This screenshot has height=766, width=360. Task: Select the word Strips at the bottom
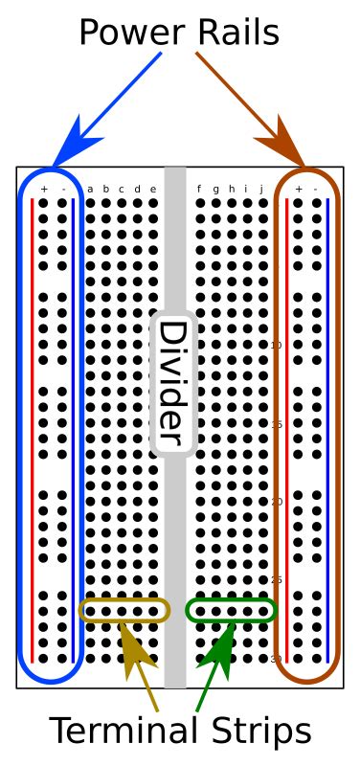click(x=256, y=732)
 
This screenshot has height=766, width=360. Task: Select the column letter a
click(x=90, y=189)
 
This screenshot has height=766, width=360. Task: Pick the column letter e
click(x=152, y=189)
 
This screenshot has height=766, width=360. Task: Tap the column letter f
click(x=199, y=189)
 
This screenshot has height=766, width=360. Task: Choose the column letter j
click(x=261, y=189)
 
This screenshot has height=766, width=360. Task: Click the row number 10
click(x=277, y=345)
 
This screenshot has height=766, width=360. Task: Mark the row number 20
click(x=277, y=502)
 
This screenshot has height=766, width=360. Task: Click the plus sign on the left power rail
click(x=44, y=189)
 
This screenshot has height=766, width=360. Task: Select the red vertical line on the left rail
click(x=33, y=431)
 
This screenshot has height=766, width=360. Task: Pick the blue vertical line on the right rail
click(x=327, y=431)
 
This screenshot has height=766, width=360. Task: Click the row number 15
click(x=277, y=423)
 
